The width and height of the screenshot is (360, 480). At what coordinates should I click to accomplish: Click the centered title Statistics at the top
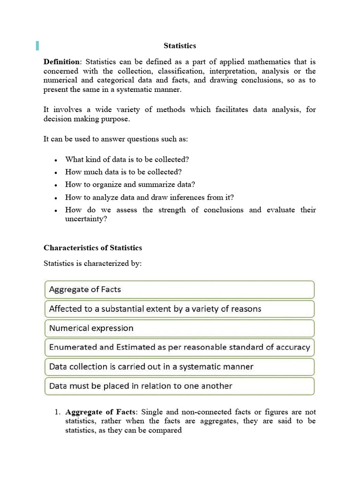pos(180,46)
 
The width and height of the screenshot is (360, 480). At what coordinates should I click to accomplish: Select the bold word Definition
pos(62,62)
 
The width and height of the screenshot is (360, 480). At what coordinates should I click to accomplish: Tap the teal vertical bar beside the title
pos(37,45)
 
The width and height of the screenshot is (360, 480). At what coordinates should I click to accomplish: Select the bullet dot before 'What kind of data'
pos(56,160)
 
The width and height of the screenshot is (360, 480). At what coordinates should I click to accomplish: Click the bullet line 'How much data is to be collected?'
pos(123,172)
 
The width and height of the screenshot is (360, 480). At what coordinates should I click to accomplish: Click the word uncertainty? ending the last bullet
pos(86,218)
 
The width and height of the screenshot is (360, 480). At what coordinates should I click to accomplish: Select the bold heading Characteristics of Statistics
pos(93,247)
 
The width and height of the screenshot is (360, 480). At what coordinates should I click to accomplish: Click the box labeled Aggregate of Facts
pos(179,290)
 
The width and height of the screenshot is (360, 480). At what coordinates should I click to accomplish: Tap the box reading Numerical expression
pos(179,328)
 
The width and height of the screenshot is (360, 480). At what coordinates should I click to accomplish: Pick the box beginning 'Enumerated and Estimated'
pos(179,347)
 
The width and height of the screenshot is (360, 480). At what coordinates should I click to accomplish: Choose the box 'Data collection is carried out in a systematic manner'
pos(179,367)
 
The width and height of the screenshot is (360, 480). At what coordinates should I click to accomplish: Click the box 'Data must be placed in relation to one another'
pos(179,386)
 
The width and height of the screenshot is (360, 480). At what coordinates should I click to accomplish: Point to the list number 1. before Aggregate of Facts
pos(58,412)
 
